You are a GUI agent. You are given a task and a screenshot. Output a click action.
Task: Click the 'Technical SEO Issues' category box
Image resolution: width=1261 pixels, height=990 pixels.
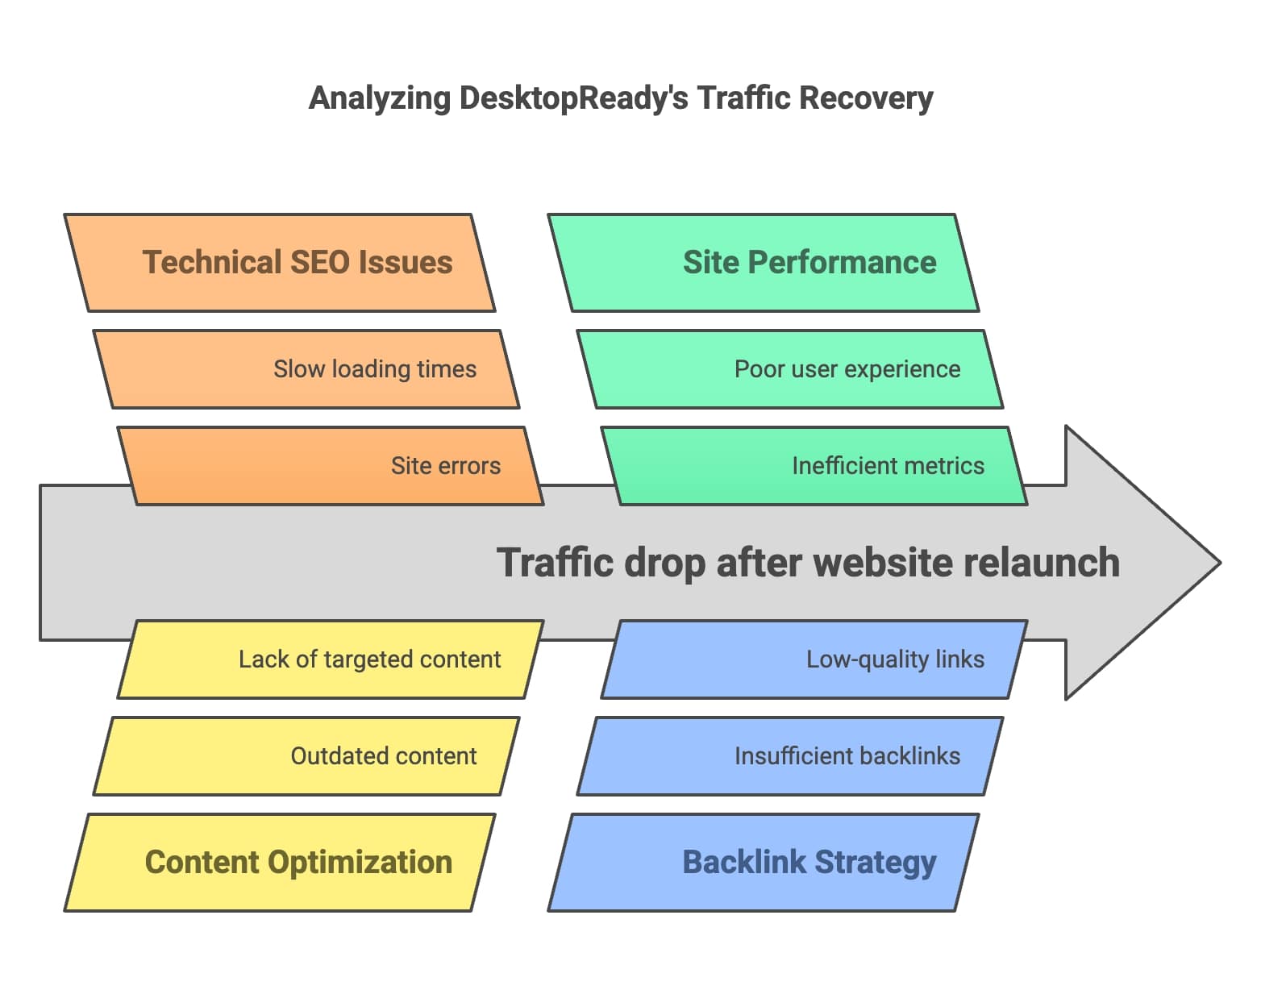pos(280,263)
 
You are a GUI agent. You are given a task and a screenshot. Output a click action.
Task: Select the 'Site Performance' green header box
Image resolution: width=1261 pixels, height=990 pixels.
pos(764,263)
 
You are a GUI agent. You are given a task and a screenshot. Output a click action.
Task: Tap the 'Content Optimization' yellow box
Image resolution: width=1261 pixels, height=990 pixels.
pos(280,862)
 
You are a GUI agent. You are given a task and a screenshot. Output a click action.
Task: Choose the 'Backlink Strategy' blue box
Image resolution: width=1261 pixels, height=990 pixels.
pos(764,862)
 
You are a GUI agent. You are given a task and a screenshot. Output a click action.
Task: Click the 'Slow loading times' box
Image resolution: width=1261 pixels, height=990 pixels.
pos(306,369)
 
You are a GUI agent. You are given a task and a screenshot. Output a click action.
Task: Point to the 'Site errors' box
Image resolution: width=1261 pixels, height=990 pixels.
pos(331,466)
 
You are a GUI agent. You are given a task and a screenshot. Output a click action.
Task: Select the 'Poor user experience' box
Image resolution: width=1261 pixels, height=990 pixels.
pos(790,369)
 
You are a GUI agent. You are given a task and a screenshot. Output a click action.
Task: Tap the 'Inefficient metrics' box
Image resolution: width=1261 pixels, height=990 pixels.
pos(814,466)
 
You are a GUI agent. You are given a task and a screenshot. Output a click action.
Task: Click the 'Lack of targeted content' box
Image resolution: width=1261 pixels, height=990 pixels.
pos(331,659)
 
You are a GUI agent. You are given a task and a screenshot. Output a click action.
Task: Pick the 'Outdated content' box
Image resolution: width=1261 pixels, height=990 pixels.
pos(306,756)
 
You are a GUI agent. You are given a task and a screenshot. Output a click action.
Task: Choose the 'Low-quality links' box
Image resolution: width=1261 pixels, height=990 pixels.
pos(814,659)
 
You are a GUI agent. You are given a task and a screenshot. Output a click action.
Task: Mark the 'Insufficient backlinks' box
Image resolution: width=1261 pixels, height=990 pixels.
pos(790,756)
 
